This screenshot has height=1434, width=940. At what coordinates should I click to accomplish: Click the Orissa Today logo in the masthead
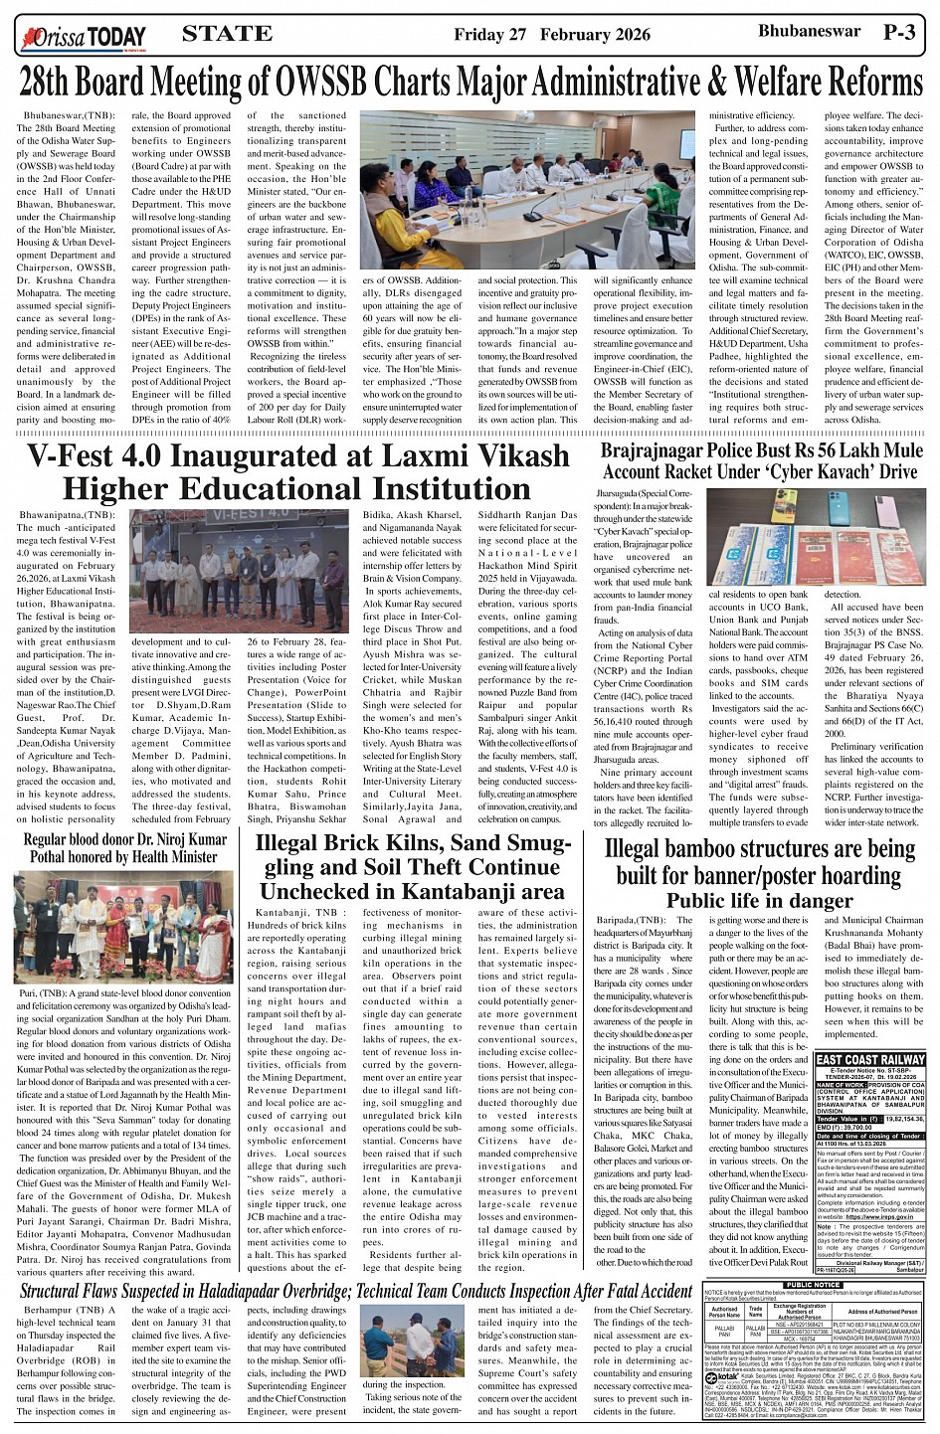point(82,37)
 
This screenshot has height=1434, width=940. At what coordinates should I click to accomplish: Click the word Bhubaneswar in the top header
point(807,32)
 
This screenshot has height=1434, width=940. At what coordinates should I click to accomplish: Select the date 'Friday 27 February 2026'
point(551,35)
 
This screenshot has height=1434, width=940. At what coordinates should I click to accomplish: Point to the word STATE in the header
point(227,34)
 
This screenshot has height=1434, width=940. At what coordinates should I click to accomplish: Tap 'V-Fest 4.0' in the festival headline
point(101,456)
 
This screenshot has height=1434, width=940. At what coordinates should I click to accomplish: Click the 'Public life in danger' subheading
point(759,900)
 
